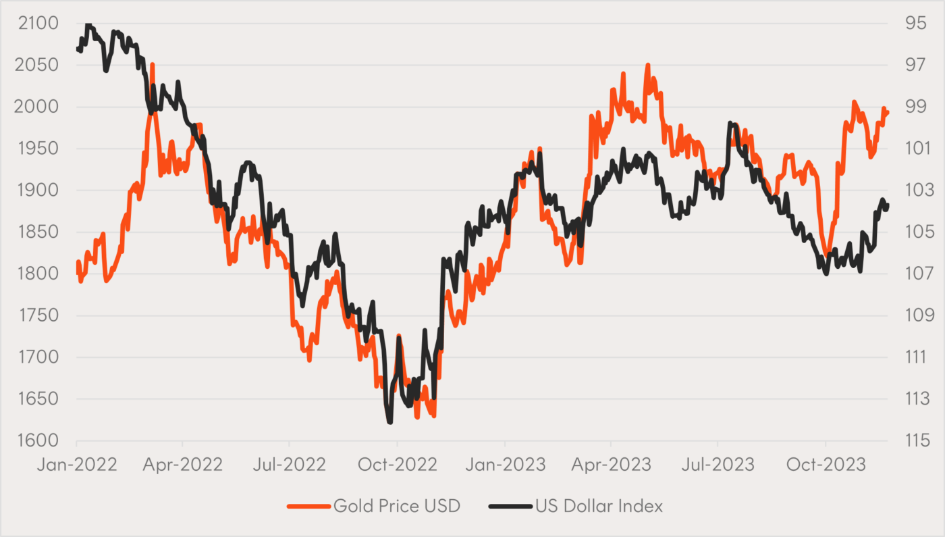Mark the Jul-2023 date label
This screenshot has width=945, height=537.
(x=718, y=465)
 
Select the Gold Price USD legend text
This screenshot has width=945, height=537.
(x=397, y=506)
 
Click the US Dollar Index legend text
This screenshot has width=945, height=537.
(x=599, y=506)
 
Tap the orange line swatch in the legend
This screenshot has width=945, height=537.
(x=308, y=506)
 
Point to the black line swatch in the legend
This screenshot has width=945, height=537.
(x=510, y=506)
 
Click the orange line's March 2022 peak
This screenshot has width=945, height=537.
(x=153, y=65)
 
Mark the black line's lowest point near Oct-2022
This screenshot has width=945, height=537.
(x=389, y=422)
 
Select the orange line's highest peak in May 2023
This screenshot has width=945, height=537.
(x=647, y=66)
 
